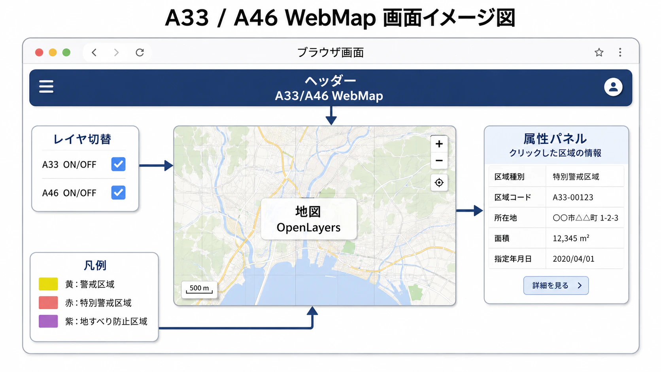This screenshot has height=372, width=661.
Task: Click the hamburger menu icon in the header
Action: (46, 87)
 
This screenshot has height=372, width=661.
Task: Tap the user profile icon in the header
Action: (613, 87)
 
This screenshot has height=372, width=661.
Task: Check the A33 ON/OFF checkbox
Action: (118, 164)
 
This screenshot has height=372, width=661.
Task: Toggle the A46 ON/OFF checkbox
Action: (118, 193)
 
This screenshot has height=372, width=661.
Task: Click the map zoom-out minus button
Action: (439, 161)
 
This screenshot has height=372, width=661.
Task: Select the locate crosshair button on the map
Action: (439, 183)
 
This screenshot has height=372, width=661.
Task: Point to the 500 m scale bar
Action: (199, 289)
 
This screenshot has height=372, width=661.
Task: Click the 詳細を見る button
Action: (556, 285)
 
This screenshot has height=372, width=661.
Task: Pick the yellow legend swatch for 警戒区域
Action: (48, 284)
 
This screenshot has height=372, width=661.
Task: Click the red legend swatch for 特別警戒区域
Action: (48, 303)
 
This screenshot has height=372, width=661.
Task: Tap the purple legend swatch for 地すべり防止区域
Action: (48, 321)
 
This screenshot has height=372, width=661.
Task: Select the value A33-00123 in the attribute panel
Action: (573, 197)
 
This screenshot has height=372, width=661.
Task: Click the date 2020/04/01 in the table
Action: (573, 259)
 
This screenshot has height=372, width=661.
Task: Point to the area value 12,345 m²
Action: (571, 238)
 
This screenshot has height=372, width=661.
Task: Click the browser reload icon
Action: (140, 53)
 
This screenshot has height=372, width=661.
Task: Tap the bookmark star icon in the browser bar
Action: (599, 53)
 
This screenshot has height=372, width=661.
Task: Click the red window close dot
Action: (39, 53)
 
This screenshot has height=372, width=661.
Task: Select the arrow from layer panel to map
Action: (156, 166)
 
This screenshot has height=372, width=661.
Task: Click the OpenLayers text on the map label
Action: (308, 228)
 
